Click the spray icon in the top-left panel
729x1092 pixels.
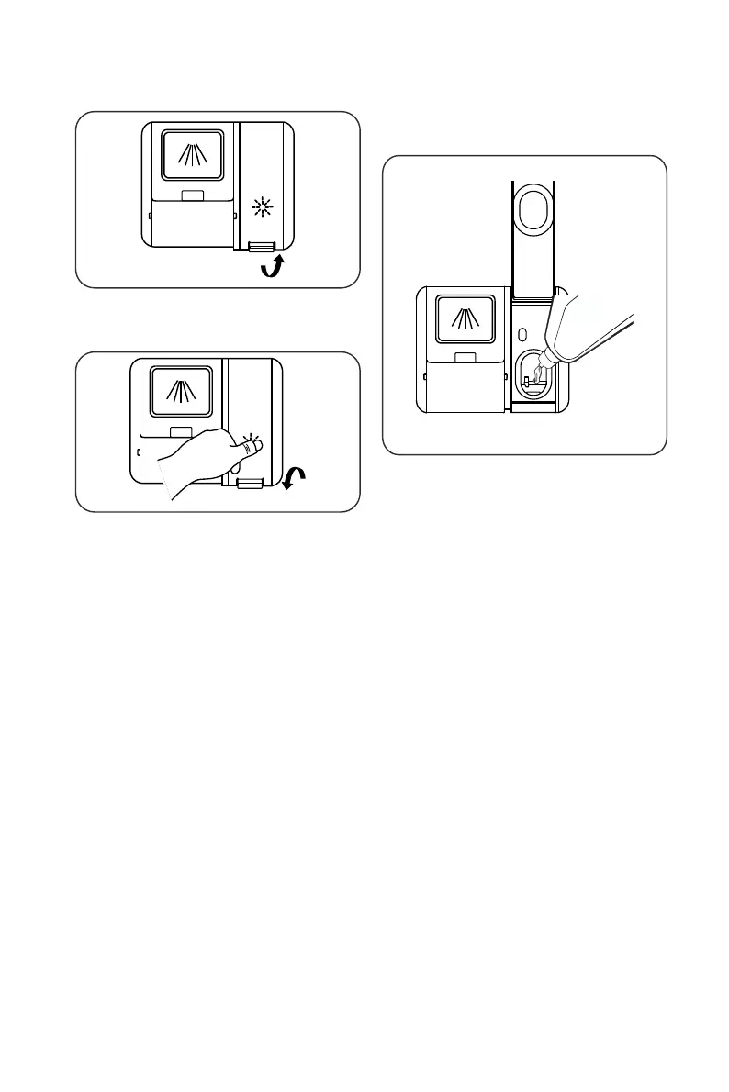(192, 152)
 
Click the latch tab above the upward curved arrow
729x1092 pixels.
(261, 246)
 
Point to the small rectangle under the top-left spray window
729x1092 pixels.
(192, 195)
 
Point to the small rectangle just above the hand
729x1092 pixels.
(180, 431)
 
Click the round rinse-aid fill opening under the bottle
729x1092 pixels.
(530, 376)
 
